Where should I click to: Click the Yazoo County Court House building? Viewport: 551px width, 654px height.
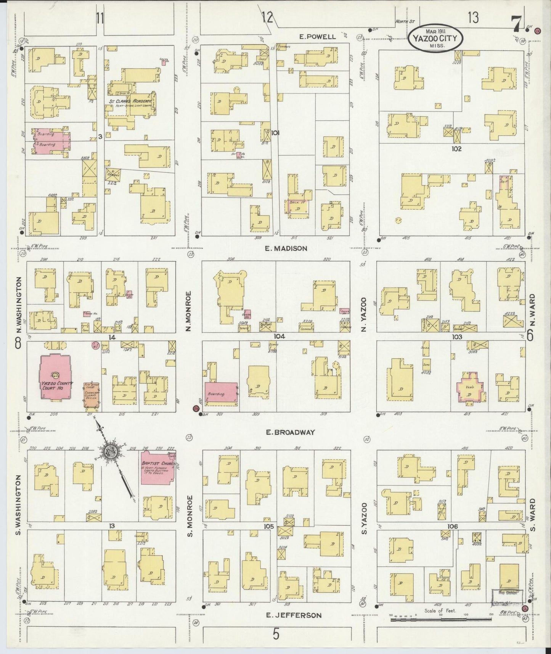coord(56,378)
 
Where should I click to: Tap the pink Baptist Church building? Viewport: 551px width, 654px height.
coord(158,468)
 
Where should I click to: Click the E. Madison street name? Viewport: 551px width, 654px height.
coord(286,248)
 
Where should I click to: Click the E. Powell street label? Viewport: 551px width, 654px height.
coord(318,37)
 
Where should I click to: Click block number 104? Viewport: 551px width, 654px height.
coord(279,337)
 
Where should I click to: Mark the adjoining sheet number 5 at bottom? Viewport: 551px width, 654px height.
coord(276,634)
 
